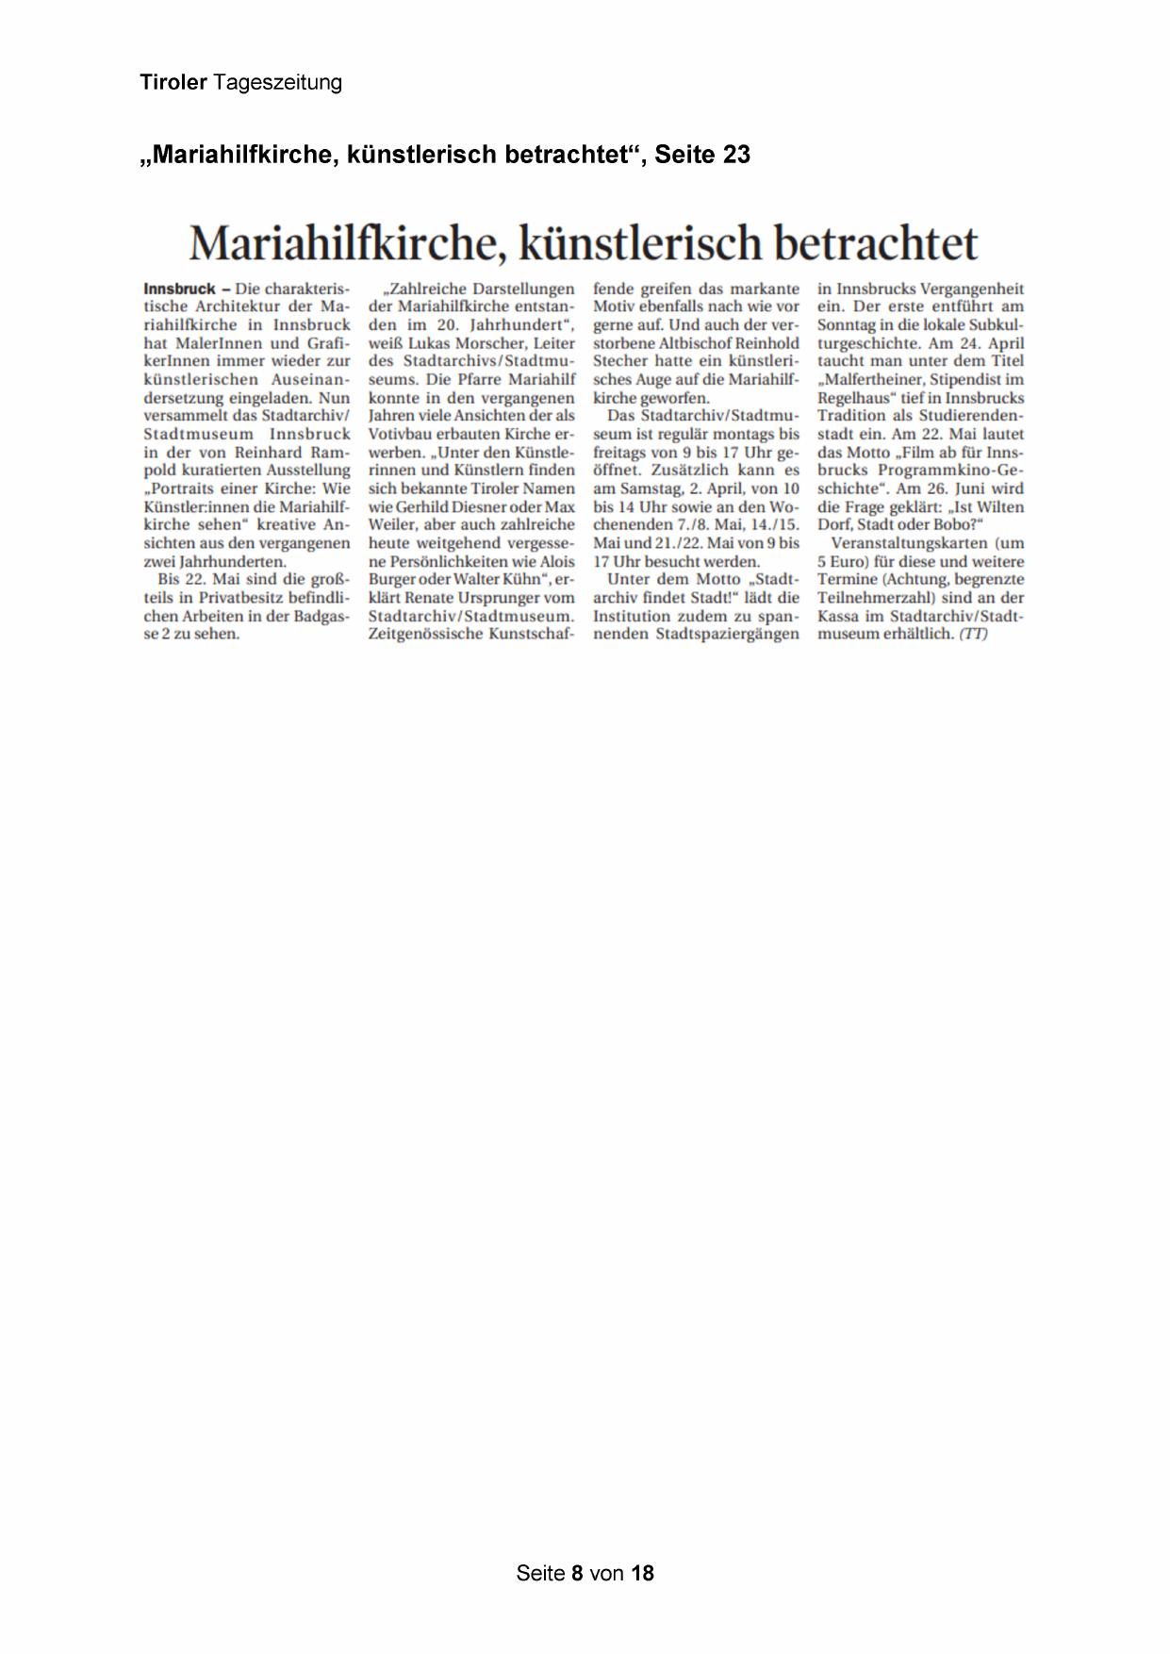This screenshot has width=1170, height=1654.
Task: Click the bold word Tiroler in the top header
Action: tap(173, 83)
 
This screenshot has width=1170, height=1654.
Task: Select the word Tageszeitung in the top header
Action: tap(277, 84)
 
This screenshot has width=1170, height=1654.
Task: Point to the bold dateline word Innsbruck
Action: tap(179, 289)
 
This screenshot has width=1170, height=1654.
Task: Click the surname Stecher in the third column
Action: tap(621, 361)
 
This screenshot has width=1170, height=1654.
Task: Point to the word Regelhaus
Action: tap(855, 398)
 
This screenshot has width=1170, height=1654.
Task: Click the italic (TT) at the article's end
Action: tap(973, 635)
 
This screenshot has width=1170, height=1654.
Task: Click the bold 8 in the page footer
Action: tap(577, 1573)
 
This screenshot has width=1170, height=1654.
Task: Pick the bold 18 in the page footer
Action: tap(642, 1573)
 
